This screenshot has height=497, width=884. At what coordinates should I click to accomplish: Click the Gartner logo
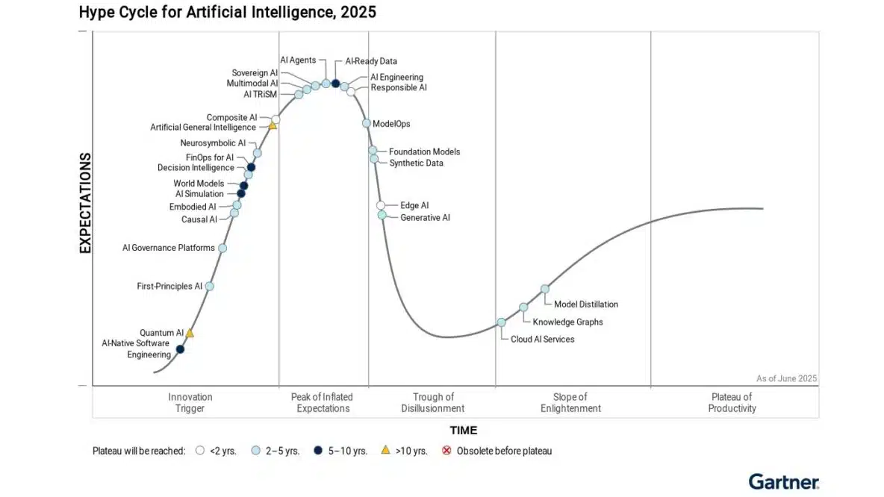tap(783, 482)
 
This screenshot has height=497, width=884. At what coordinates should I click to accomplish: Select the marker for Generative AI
tap(382, 215)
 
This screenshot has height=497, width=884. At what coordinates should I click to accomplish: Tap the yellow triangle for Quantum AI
tap(190, 333)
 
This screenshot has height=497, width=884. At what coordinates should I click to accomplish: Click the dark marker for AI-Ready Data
tap(336, 84)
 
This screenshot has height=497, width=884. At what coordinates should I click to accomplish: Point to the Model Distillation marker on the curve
tap(545, 289)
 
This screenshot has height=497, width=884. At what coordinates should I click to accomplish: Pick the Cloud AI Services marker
tap(501, 322)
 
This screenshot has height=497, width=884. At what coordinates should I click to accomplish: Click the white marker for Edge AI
tap(381, 205)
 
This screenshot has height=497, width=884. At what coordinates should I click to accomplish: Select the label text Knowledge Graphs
tap(567, 322)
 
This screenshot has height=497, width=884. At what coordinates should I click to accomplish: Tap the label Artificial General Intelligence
tap(203, 128)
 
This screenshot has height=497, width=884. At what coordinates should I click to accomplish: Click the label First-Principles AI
tap(169, 286)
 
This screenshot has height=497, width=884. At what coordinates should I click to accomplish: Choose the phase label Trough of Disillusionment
tap(433, 403)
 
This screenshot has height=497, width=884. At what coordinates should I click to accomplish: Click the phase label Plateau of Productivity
tap(732, 403)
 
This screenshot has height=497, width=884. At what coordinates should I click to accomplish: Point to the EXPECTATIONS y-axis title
tap(85, 203)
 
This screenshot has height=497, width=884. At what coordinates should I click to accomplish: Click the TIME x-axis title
tap(463, 431)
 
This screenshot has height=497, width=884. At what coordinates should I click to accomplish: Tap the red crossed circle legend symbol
tap(447, 451)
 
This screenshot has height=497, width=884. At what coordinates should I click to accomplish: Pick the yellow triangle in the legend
tap(385, 450)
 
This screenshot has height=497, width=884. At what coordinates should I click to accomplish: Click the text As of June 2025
tap(786, 378)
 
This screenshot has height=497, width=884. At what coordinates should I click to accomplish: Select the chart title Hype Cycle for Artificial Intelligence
tap(227, 12)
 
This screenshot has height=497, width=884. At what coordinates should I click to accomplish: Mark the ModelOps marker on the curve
tap(367, 124)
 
